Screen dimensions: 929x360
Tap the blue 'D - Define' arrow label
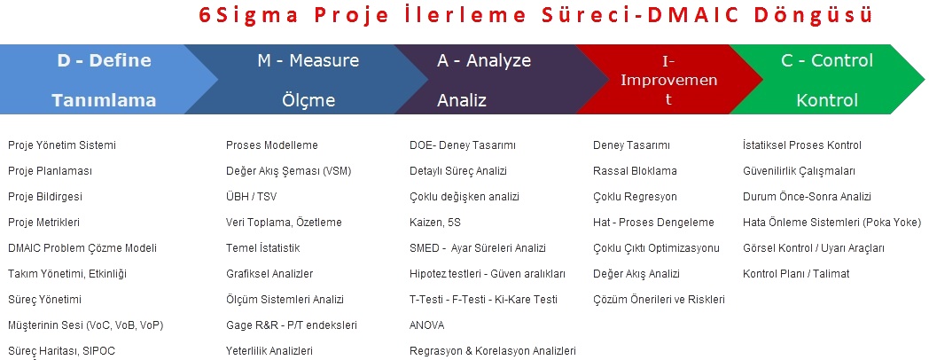105,60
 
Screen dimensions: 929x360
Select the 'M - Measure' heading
308,60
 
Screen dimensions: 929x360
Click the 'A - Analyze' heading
484,60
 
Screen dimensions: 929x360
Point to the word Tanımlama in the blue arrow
105,100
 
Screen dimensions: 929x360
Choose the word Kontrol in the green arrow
827,100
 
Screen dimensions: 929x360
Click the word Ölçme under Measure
308,100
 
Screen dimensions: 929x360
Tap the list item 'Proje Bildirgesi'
45,197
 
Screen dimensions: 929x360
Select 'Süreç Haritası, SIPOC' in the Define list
62,351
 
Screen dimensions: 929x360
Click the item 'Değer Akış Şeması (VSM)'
288,171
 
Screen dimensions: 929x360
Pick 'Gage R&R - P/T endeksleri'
292,325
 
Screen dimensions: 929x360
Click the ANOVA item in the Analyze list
426,325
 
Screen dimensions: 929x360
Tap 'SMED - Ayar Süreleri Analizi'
478,248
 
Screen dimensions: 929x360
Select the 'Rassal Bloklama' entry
635,171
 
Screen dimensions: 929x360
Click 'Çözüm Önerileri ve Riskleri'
659,300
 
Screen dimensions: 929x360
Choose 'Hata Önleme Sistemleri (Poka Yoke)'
831,223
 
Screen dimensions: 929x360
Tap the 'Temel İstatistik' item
263,248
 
